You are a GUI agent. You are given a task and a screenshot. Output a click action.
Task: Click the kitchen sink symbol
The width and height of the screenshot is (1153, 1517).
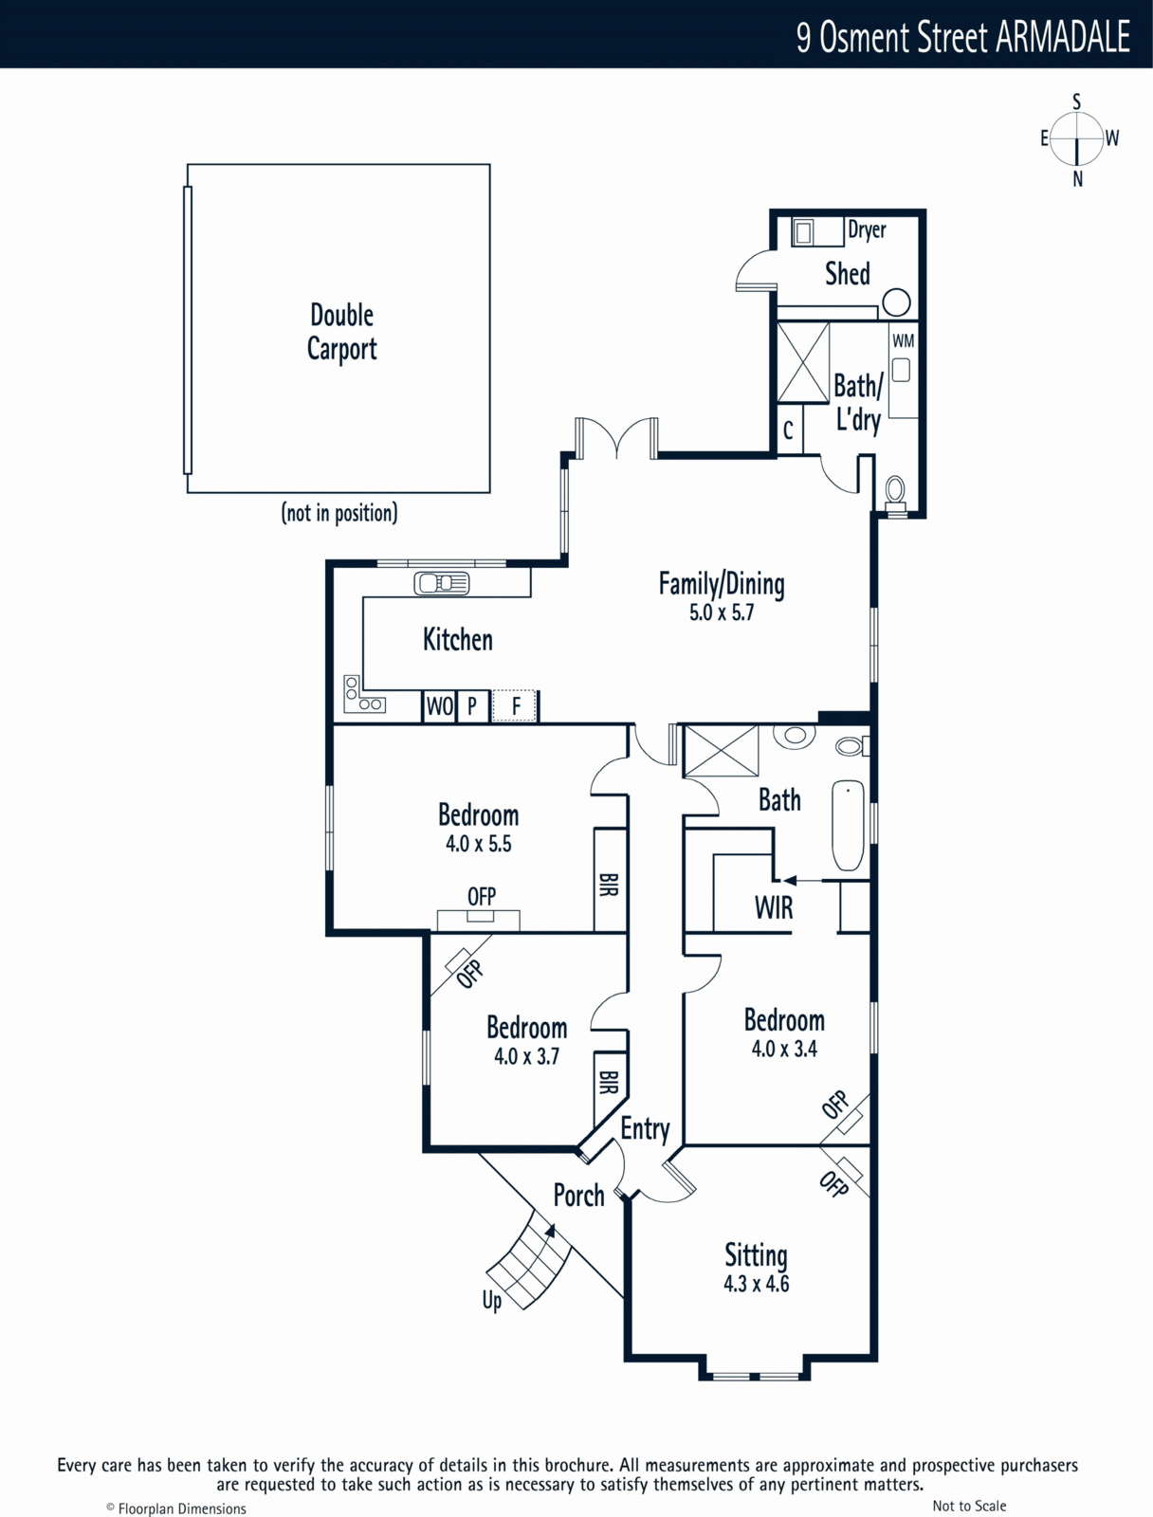(442, 583)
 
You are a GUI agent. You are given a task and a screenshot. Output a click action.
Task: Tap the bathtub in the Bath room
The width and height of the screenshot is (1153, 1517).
(848, 825)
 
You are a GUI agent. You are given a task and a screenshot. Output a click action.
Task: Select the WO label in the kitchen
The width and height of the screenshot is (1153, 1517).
(439, 706)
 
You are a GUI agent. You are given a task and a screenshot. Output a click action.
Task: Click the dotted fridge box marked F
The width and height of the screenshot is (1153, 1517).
(514, 705)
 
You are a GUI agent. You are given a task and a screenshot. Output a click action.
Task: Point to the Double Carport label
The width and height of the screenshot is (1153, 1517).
(342, 332)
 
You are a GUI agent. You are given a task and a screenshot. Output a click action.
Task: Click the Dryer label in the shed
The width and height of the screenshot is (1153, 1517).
(867, 229)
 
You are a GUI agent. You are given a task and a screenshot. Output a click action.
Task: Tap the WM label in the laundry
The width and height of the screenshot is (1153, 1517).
(903, 340)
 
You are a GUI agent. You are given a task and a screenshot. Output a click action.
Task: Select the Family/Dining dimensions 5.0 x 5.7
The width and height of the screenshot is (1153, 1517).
(722, 612)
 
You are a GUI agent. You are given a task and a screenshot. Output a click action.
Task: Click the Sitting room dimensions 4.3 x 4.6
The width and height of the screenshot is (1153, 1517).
(756, 1284)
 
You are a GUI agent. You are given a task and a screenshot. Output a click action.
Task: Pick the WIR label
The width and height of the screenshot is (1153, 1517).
(774, 907)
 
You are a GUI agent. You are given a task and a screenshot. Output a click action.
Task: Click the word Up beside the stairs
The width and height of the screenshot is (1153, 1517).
(492, 1301)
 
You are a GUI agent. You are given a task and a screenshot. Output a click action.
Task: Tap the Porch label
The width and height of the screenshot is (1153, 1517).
(579, 1196)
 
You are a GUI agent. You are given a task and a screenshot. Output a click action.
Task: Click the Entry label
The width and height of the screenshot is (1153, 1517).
(645, 1129)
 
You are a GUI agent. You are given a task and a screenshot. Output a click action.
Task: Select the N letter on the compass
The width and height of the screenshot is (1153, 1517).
(1077, 180)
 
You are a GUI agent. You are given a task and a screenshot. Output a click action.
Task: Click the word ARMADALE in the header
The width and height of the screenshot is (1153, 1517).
(1063, 37)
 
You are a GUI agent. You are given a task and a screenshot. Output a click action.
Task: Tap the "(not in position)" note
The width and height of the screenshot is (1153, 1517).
(339, 513)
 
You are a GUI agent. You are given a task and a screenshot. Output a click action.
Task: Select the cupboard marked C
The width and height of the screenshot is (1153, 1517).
(789, 430)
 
